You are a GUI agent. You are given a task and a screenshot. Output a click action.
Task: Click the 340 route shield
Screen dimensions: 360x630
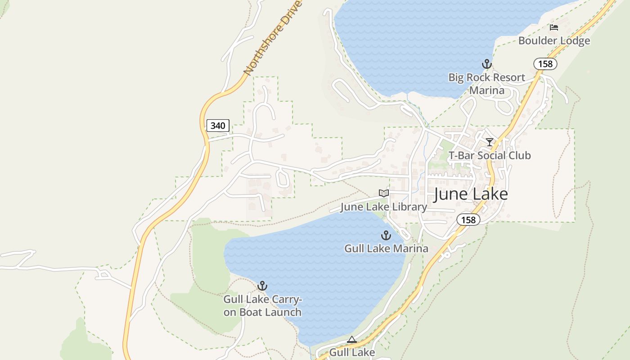click(218, 126)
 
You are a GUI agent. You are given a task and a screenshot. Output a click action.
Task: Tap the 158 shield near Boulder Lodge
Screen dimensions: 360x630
click(545, 64)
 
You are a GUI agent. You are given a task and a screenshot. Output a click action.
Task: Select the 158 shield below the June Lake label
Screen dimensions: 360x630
click(468, 220)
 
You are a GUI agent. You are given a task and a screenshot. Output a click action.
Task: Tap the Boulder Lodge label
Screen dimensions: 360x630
click(554, 41)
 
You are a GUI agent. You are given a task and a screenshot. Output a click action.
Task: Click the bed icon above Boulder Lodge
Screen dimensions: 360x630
click(554, 27)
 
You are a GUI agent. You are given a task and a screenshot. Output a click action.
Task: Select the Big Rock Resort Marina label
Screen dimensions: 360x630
click(486, 84)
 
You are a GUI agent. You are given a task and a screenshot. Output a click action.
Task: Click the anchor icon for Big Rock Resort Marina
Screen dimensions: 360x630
click(486, 64)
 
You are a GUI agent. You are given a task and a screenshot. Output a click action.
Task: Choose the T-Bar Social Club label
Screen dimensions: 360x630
click(490, 156)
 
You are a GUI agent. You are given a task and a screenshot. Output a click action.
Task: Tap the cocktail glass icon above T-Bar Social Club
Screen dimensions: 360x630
click(490, 142)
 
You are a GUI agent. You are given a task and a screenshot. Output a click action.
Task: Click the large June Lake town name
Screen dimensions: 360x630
click(471, 194)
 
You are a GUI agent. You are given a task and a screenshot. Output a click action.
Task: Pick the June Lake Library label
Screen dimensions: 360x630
click(383, 207)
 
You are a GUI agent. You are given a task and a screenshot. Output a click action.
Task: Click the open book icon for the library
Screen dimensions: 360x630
click(383, 193)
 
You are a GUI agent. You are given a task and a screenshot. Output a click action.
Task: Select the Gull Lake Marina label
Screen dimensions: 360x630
click(386, 248)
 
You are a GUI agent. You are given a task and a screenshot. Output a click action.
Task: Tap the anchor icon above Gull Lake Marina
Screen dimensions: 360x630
click(386, 235)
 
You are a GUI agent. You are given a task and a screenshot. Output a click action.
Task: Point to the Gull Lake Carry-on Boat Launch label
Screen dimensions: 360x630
click(262, 306)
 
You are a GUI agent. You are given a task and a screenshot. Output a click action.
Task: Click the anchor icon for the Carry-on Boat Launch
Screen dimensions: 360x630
click(262, 286)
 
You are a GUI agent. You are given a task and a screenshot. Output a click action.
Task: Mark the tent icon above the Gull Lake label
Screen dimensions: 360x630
click(352, 340)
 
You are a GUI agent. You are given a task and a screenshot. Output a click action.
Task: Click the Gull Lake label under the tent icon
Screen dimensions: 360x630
click(352, 352)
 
